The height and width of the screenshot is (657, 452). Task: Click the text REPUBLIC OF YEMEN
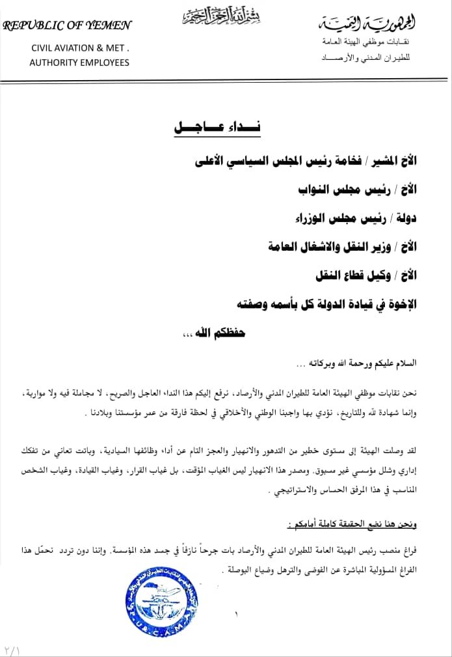point(67,26)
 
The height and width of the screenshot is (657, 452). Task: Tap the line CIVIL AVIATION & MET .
point(81,48)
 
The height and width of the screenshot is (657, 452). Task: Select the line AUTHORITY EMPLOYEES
point(79,63)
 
